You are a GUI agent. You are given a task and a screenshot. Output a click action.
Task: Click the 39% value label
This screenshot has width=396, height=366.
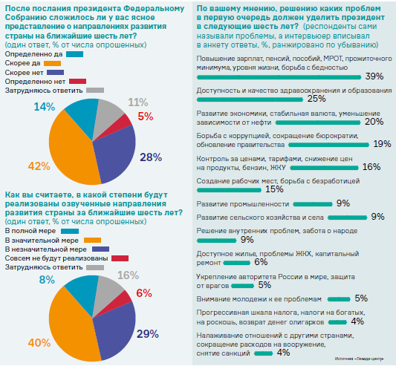click(x=374, y=76)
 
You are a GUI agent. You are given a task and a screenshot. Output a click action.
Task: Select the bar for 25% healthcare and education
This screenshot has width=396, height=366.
click(x=250, y=99)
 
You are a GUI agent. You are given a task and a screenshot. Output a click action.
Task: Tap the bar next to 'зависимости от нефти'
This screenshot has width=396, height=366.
click(x=318, y=122)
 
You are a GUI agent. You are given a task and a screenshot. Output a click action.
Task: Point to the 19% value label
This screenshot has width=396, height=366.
click(x=382, y=144)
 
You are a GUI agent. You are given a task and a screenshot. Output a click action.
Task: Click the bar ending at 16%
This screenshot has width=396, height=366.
click(x=324, y=168)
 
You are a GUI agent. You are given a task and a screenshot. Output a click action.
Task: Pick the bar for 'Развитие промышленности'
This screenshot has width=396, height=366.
click(x=313, y=204)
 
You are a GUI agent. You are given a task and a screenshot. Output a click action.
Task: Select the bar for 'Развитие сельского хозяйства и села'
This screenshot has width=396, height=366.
click(x=347, y=218)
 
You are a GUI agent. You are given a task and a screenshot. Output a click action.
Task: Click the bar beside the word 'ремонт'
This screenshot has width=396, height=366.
click(x=237, y=263)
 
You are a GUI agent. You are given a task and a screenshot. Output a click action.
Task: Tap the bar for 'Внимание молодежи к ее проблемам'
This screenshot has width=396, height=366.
click(x=339, y=299)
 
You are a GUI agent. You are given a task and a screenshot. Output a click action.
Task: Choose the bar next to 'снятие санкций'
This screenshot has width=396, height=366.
click(x=264, y=353)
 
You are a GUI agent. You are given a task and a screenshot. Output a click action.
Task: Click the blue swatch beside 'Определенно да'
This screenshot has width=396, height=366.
click(x=75, y=54)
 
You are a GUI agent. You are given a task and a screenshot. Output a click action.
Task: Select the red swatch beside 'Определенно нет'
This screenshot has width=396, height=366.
click(x=78, y=81)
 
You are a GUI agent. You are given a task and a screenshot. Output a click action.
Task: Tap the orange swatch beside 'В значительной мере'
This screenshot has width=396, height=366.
click(x=92, y=240)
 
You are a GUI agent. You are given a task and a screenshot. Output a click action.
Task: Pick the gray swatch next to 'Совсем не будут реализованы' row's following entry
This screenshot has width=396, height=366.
click(x=95, y=267)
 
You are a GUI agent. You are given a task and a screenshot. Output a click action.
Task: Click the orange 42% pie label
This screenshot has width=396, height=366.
click(x=39, y=166)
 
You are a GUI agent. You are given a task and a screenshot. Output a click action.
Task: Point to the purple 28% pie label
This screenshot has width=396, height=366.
click(x=151, y=157)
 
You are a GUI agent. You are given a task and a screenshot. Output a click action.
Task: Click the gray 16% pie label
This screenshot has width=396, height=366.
click(x=128, y=275)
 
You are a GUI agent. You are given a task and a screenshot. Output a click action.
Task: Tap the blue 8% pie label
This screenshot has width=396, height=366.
click(x=47, y=280)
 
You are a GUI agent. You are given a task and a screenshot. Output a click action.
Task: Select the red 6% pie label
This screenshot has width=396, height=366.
click(x=144, y=293)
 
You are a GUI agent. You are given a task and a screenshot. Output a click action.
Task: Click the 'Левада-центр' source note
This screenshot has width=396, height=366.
click(x=359, y=359)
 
